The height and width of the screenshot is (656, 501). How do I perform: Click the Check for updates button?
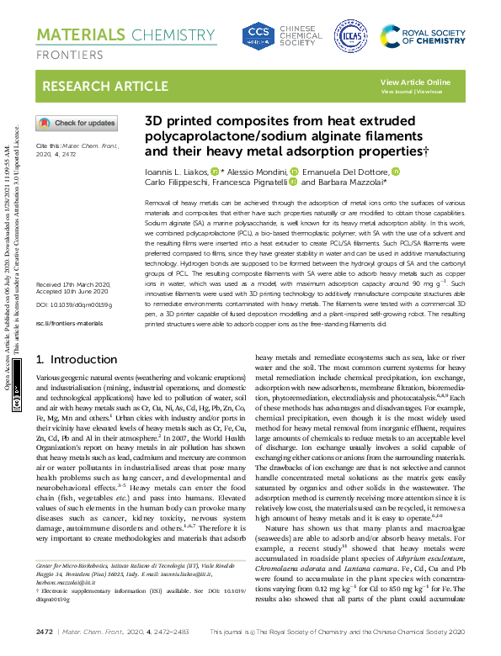77,123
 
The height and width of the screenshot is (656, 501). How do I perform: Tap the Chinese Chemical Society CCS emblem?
256,35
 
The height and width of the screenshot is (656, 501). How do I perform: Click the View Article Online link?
415,82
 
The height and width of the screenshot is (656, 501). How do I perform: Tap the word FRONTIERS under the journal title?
67,55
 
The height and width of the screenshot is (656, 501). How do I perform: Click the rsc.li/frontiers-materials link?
69,299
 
